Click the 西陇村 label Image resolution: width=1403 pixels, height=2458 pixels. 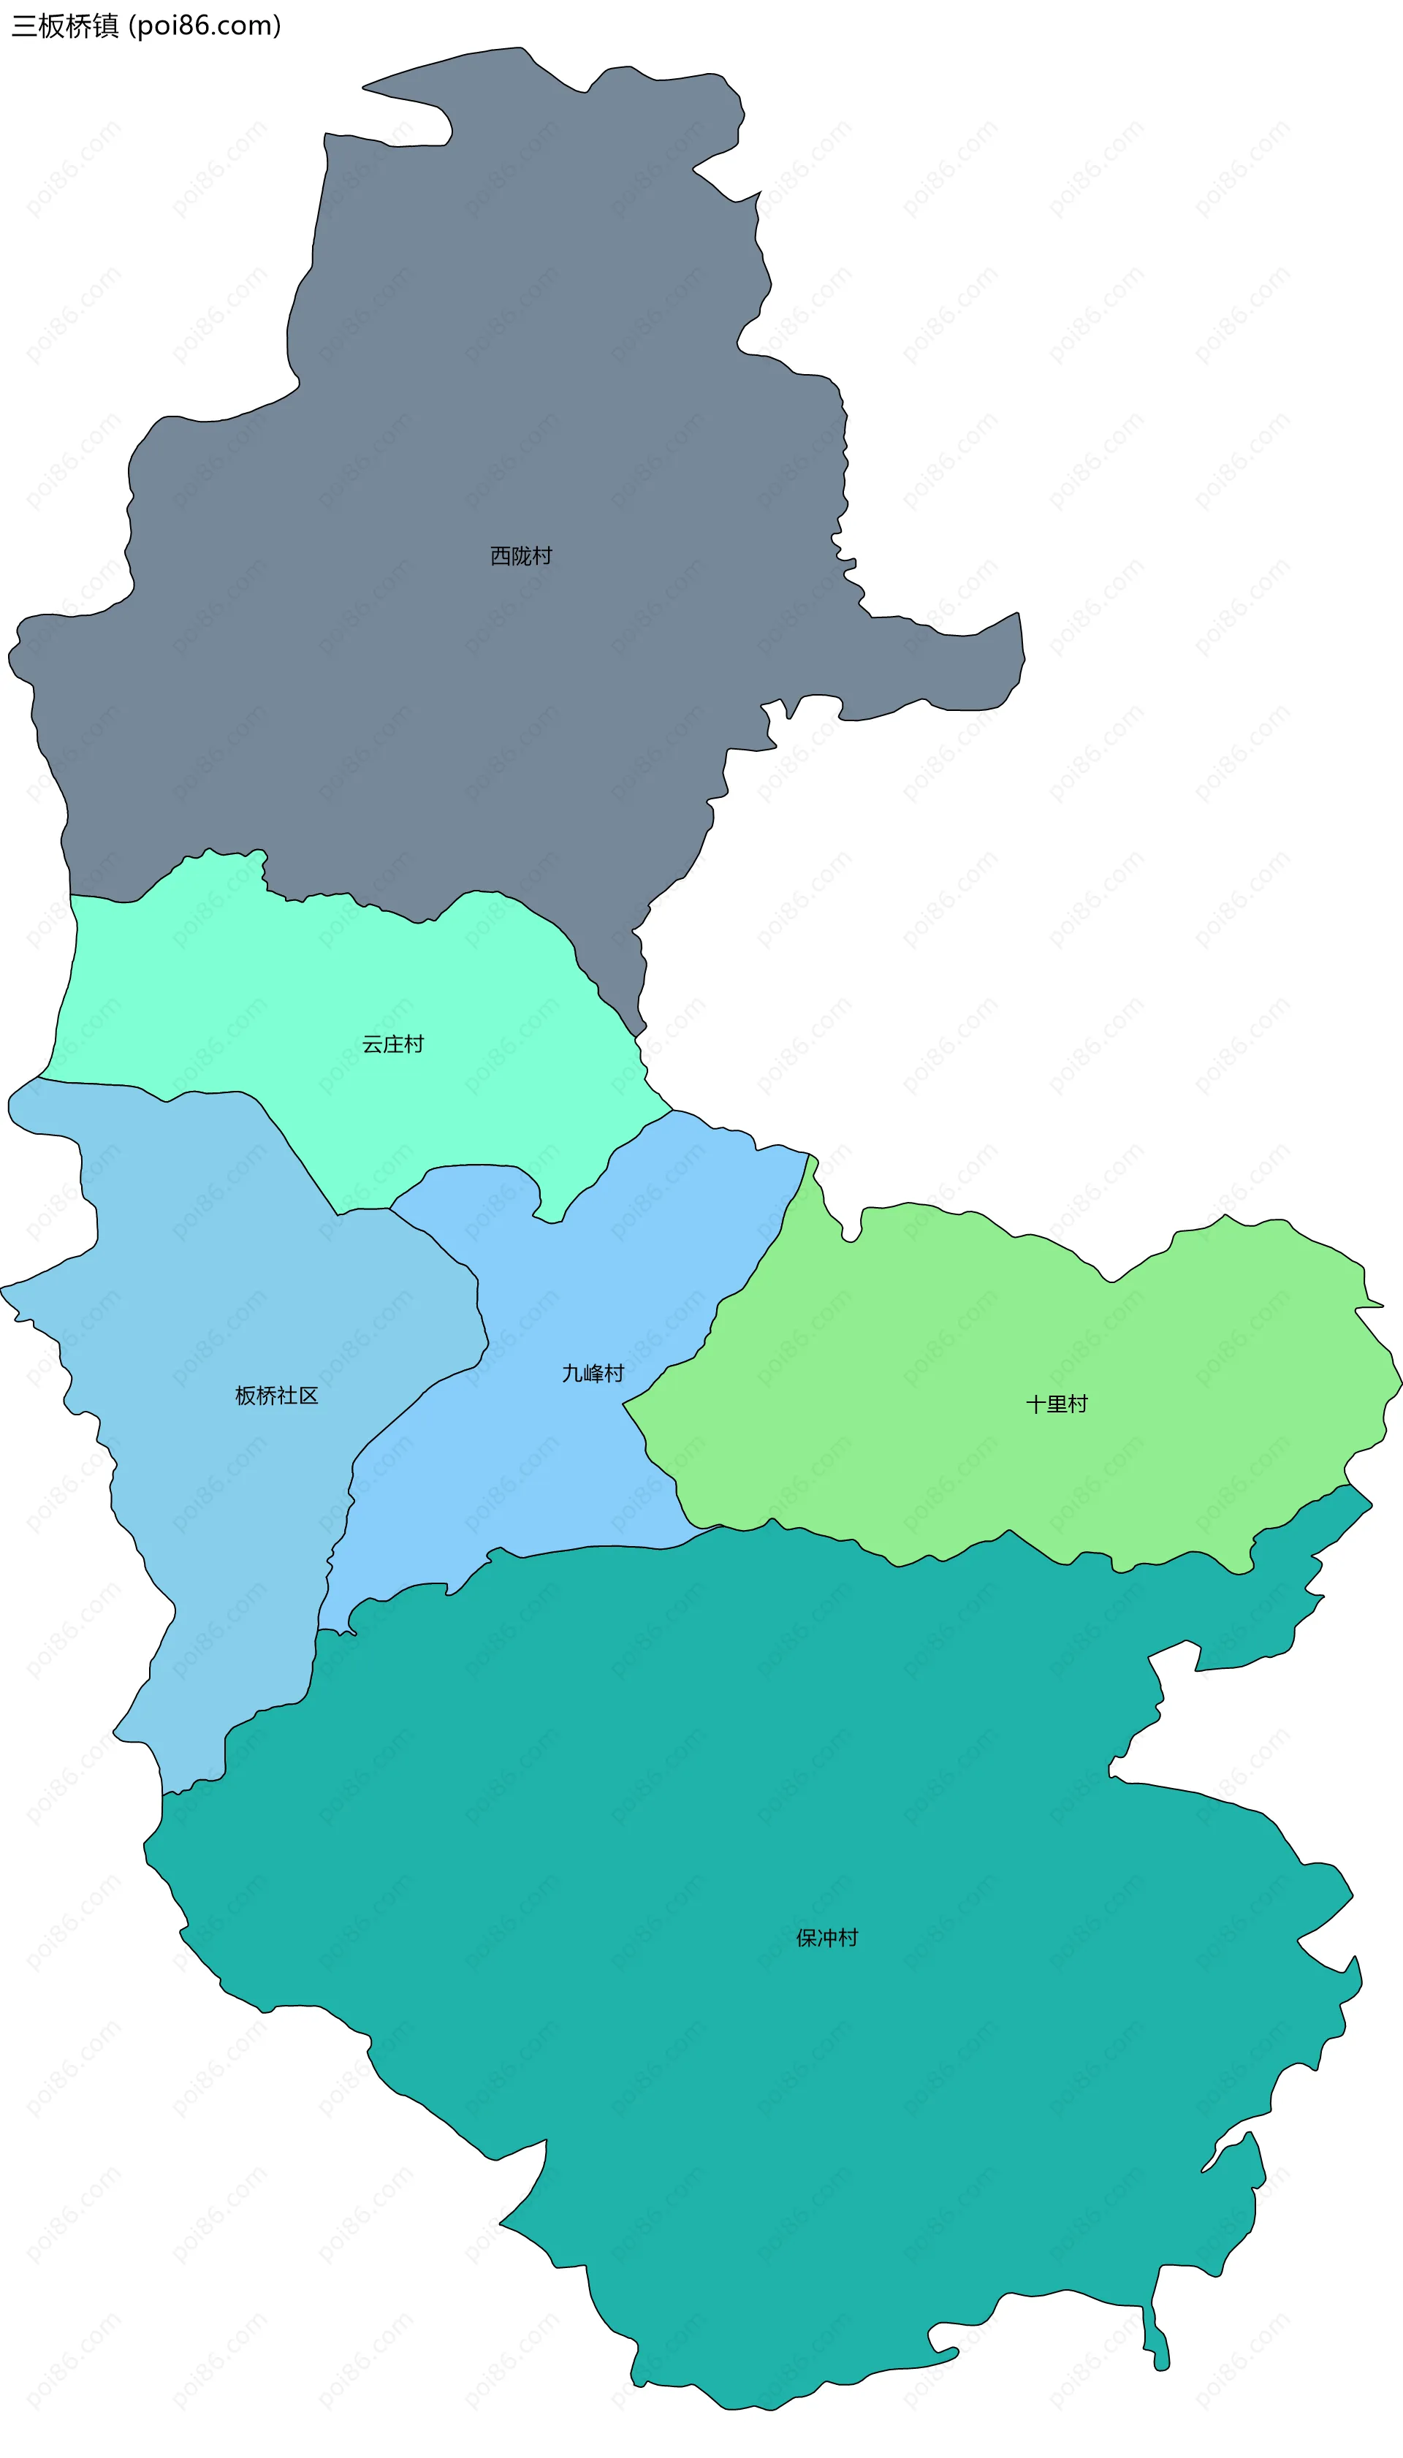[x=521, y=556]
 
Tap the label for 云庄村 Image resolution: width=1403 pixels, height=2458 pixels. [x=392, y=1044]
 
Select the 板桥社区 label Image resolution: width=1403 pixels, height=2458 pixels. [x=276, y=1396]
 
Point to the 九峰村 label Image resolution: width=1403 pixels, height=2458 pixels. [x=593, y=1374]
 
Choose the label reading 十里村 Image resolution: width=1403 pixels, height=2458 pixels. [x=1057, y=1405]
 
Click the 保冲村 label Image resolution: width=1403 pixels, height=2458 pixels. [x=826, y=1938]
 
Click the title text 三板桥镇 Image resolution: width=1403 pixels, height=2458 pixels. [x=64, y=26]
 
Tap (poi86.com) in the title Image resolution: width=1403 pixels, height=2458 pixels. [x=205, y=26]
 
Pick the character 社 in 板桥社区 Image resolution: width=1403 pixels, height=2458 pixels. [x=287, y=1396]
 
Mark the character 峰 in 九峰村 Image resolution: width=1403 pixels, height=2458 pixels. [x=593, y=1374]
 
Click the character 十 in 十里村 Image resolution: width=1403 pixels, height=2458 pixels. [x=1037, y=1405]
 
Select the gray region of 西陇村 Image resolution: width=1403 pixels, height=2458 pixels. [x=482, y=385]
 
